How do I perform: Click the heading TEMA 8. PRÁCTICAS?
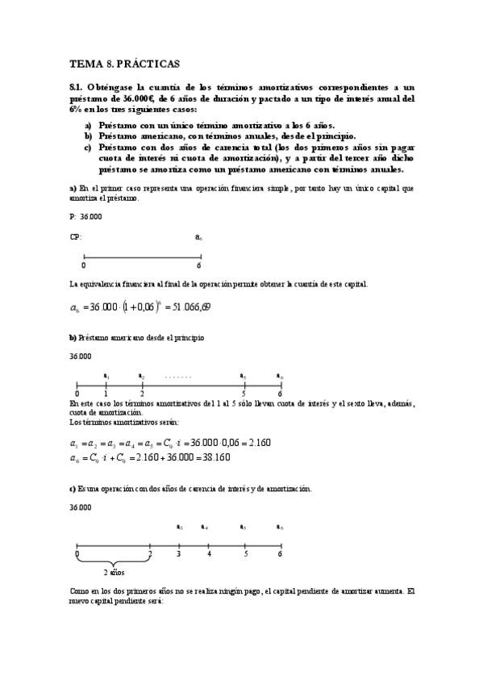124,61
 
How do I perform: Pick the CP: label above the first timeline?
76,237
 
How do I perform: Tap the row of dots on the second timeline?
178,376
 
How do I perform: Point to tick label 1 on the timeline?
105,394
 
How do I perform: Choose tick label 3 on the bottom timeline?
178,555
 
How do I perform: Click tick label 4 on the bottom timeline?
209,555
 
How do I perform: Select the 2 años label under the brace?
114,572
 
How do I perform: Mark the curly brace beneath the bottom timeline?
114,561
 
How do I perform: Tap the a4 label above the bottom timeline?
205,528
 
